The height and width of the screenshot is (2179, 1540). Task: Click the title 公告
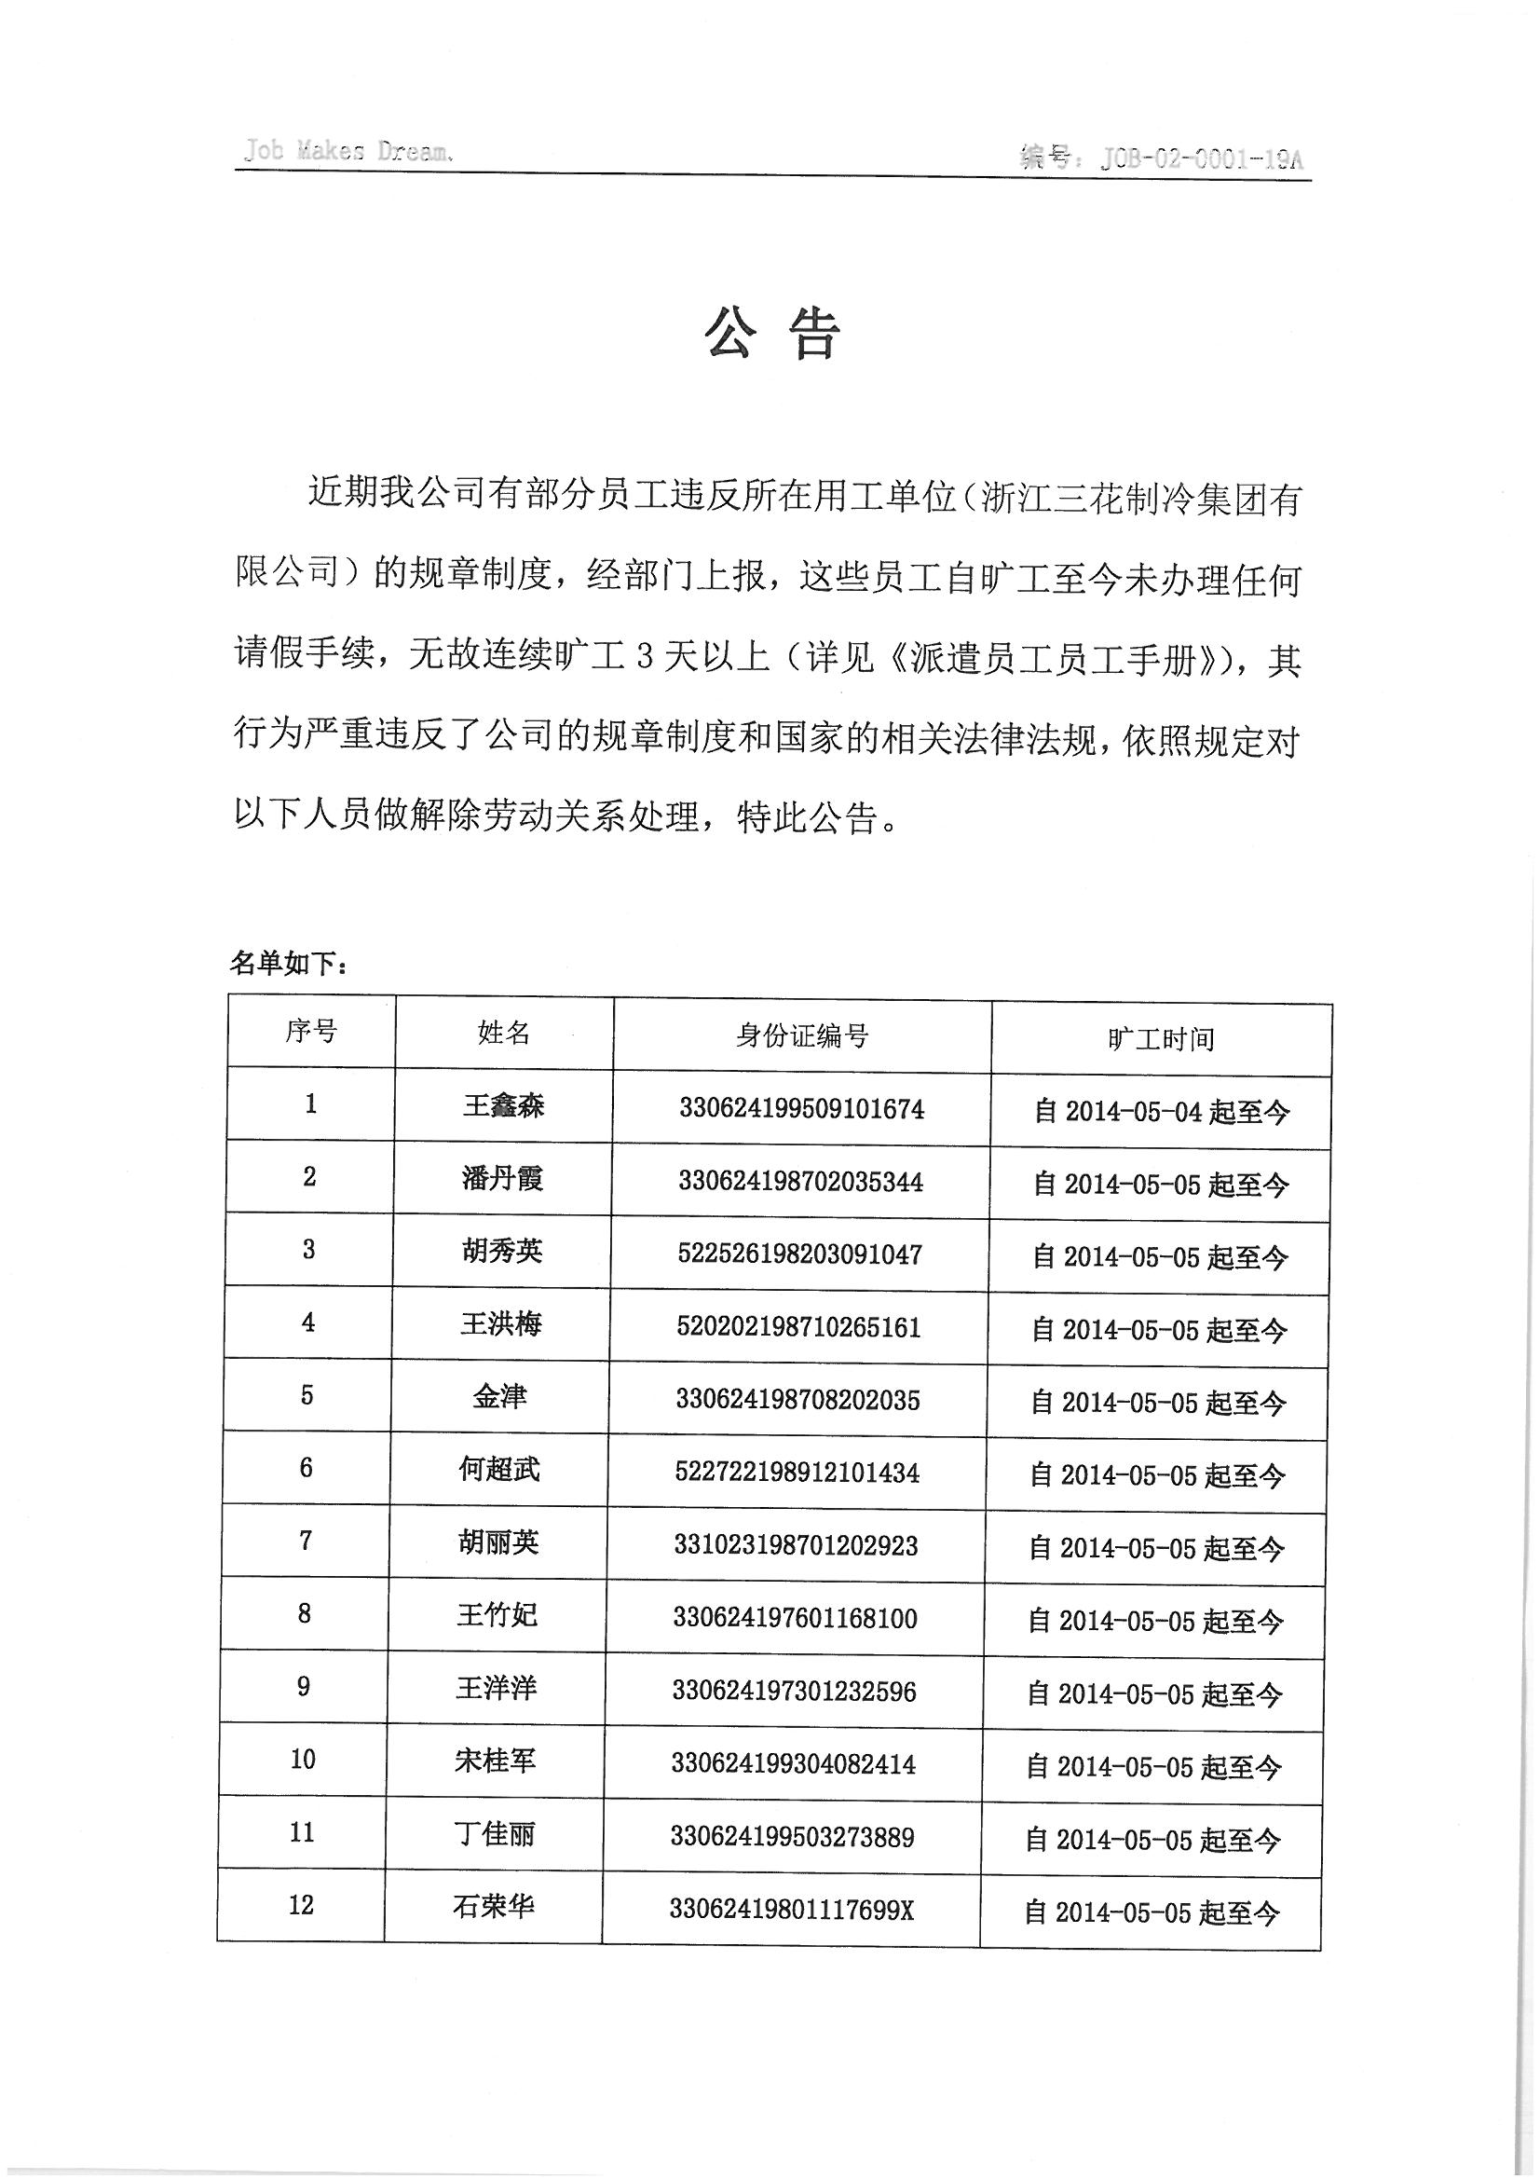771,334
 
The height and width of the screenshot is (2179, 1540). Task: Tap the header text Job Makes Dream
346,152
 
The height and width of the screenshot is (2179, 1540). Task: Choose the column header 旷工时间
1161,1039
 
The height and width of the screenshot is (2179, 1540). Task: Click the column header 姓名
504,1033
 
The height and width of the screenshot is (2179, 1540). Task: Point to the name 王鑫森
503,1105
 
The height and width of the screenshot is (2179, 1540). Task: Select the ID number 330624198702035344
800,1182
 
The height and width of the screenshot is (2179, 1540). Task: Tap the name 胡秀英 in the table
502,1251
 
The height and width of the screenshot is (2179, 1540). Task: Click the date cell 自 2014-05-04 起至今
1162,1111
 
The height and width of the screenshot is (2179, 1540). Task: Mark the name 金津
499,1396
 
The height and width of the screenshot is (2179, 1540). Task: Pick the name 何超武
499,1469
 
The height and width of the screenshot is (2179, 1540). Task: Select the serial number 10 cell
303,1759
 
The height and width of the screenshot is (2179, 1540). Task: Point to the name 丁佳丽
495,1833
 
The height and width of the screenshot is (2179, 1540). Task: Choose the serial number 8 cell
305,1613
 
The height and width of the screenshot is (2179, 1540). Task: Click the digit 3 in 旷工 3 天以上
645,657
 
